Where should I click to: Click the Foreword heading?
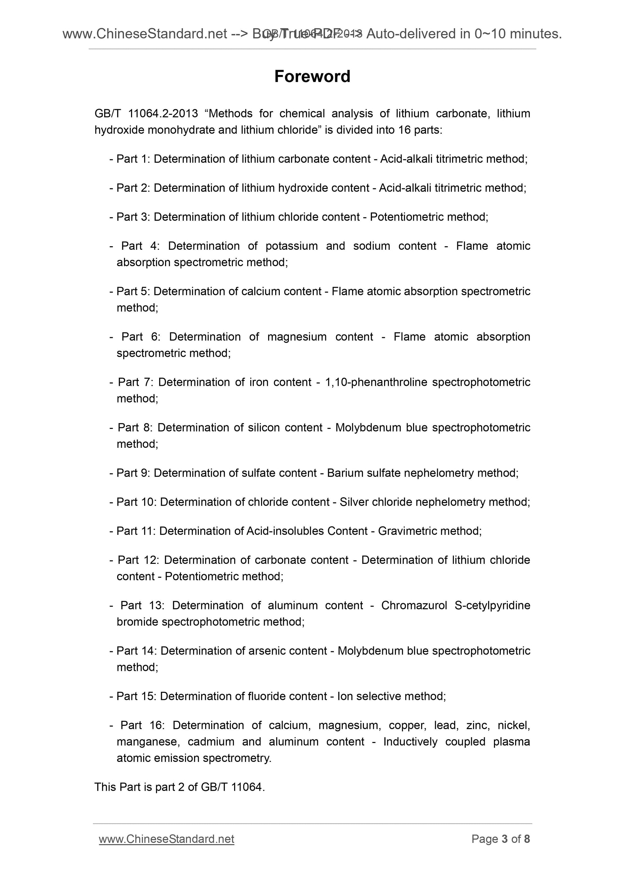click(x=312, y=76)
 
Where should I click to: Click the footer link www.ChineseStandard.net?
click(x=166, y=839)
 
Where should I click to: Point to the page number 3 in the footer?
click(x=505, y=839)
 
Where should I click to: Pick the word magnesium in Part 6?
click(x=296, y=337)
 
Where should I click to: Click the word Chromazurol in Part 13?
click(x=414, y=606)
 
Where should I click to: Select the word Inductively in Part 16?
click(x=410, y=742)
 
